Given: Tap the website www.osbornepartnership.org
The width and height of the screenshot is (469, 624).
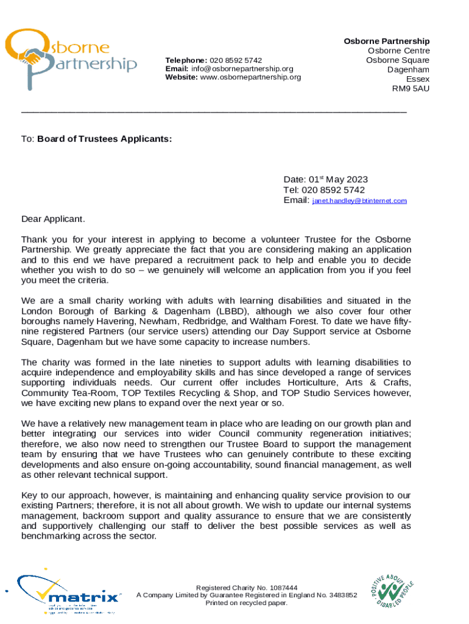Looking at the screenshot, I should pyautogui.click(x=250, y=77).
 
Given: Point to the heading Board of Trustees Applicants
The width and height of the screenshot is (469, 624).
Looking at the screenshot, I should pyautogui.click(x=104, y=139).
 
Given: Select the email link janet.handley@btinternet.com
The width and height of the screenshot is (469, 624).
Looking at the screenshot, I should pyautogui.click(x=359, y=200).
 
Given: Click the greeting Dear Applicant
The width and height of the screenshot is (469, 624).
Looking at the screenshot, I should pyautogui.click(x=54, y=218).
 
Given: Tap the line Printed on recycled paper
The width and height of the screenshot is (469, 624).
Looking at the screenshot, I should pyautogui.click(x=246, y=603).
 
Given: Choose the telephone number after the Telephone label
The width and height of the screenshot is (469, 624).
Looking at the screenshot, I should pyautogui.click(x=236, y=60).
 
